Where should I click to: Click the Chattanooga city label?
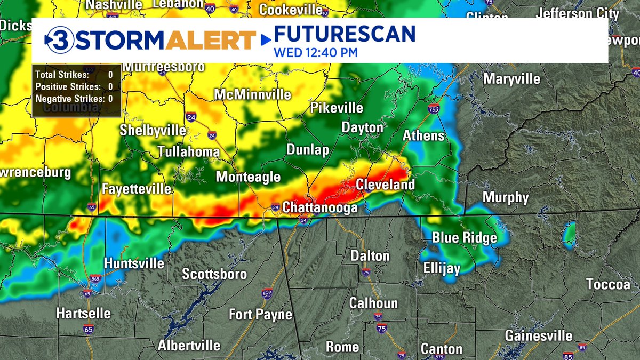[x=320, y=207]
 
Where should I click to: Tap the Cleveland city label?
[x=385, y=185]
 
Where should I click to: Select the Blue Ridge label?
[x=464, y=238]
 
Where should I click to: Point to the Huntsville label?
[x=134, y=263]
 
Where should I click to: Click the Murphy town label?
[x=506, y=197]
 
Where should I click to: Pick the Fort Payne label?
[x=260, y=315]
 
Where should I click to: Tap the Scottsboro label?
[x=214, y=274]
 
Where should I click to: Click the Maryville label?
[x=511, y=79]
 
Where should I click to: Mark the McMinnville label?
[x=252, y=94]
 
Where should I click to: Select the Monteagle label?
[x=248, y=177]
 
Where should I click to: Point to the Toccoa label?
[x=608, y=284]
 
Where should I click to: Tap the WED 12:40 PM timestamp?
[x=315, y=53]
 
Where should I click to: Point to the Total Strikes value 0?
[x=110, y=75]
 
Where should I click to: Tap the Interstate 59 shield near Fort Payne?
[x=267, y=293]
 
